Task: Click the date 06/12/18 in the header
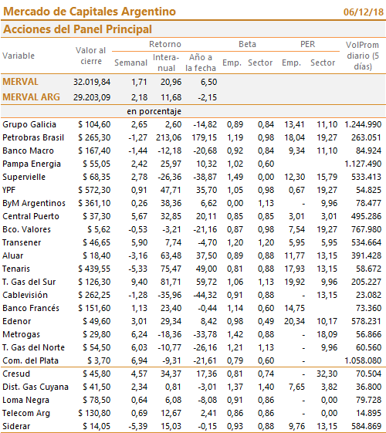point(364,12)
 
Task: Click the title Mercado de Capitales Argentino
point(90,12)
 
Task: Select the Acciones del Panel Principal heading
point(78,29)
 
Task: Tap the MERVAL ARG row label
point(31,97)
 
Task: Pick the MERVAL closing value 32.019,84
point(92,82)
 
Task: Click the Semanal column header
point(131,63)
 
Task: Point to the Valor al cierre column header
point(91,56)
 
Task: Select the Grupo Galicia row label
point(29,124)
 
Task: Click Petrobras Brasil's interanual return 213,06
point(168,137)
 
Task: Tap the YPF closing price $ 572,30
point(94,190)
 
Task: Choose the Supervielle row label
point(24,177)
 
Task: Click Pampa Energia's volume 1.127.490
point(363,164)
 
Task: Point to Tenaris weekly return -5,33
point(137,269)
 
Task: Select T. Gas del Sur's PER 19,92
point(295,282)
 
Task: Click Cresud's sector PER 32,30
point(327,374)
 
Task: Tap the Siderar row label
point(16,426)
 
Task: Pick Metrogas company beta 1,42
point(235,334)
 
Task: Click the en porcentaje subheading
point(154,112)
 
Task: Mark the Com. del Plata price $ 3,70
point(99,360)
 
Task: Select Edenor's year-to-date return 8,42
point(206,321)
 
